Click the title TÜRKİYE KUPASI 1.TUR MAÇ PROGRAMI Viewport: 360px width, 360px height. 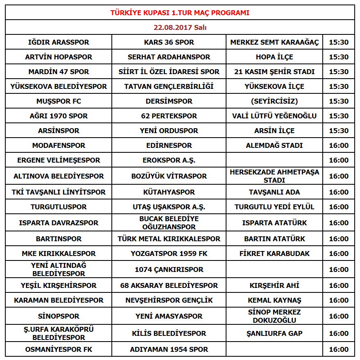tap(180, 13)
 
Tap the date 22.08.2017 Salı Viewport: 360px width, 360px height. tap(180, 27)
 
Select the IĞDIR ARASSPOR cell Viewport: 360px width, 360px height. tap(59, 42)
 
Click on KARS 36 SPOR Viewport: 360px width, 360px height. tap(169, 42)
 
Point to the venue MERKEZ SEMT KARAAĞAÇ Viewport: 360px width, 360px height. tap(274, 42)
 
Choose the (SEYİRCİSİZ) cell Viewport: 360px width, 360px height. tap(274, 101)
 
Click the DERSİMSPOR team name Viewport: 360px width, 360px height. tap(169, 101)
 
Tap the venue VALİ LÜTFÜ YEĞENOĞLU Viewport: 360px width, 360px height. tap(274, 116)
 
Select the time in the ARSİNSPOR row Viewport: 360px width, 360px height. tap(339, 131)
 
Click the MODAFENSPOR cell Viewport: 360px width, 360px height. tap(59, 145)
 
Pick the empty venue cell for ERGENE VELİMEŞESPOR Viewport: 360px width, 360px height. tap(274, 160)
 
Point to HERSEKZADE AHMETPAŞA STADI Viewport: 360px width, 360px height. tap(274, 176)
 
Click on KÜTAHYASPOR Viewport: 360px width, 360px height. tap(169, 192)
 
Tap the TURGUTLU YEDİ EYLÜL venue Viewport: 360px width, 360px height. tap(274, 207)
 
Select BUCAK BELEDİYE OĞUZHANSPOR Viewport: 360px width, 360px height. tap(169, 223)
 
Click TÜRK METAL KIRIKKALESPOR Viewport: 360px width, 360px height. tap(169, 239)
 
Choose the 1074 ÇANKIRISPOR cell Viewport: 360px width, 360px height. tap(169, 269)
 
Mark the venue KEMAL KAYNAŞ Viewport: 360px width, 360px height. tap(274, 300)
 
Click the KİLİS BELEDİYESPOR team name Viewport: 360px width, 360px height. tap(169, 333)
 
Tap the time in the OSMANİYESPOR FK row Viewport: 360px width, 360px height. tap(339, 349)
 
